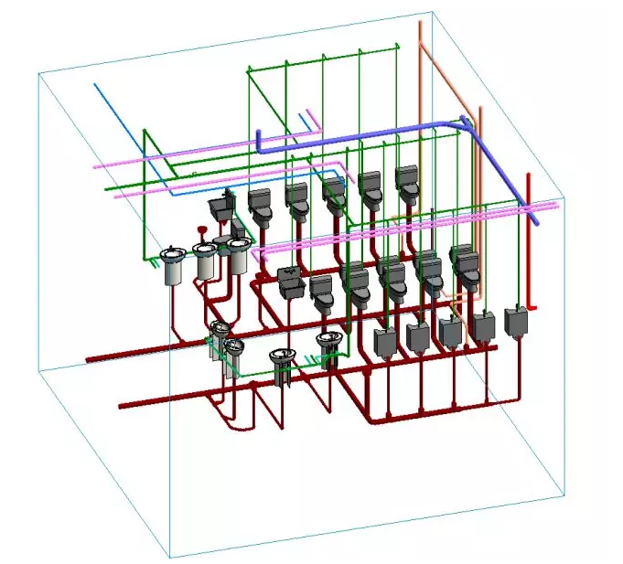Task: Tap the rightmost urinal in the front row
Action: pyautogui.click(x=516, y=322)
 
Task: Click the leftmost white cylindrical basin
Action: pyautogui.click(x=172, y=266)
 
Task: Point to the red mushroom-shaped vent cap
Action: pyautogui.click(x=202, y=232)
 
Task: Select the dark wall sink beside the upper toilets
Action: pyautogui.click(x=220, y=205)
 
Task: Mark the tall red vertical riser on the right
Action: pyautogui.click(x=527, y=238)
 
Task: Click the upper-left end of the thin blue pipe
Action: pyautogui.click(x=95, y=85)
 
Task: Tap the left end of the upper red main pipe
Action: pyautogui.click(x=88, y=360)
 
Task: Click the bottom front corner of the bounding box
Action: pyautogui.click(x=170, y=557)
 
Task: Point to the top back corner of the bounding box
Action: pyautogui.click(x=429, y=14)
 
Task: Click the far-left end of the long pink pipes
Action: pyautogui.click(x=95, y=166)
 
